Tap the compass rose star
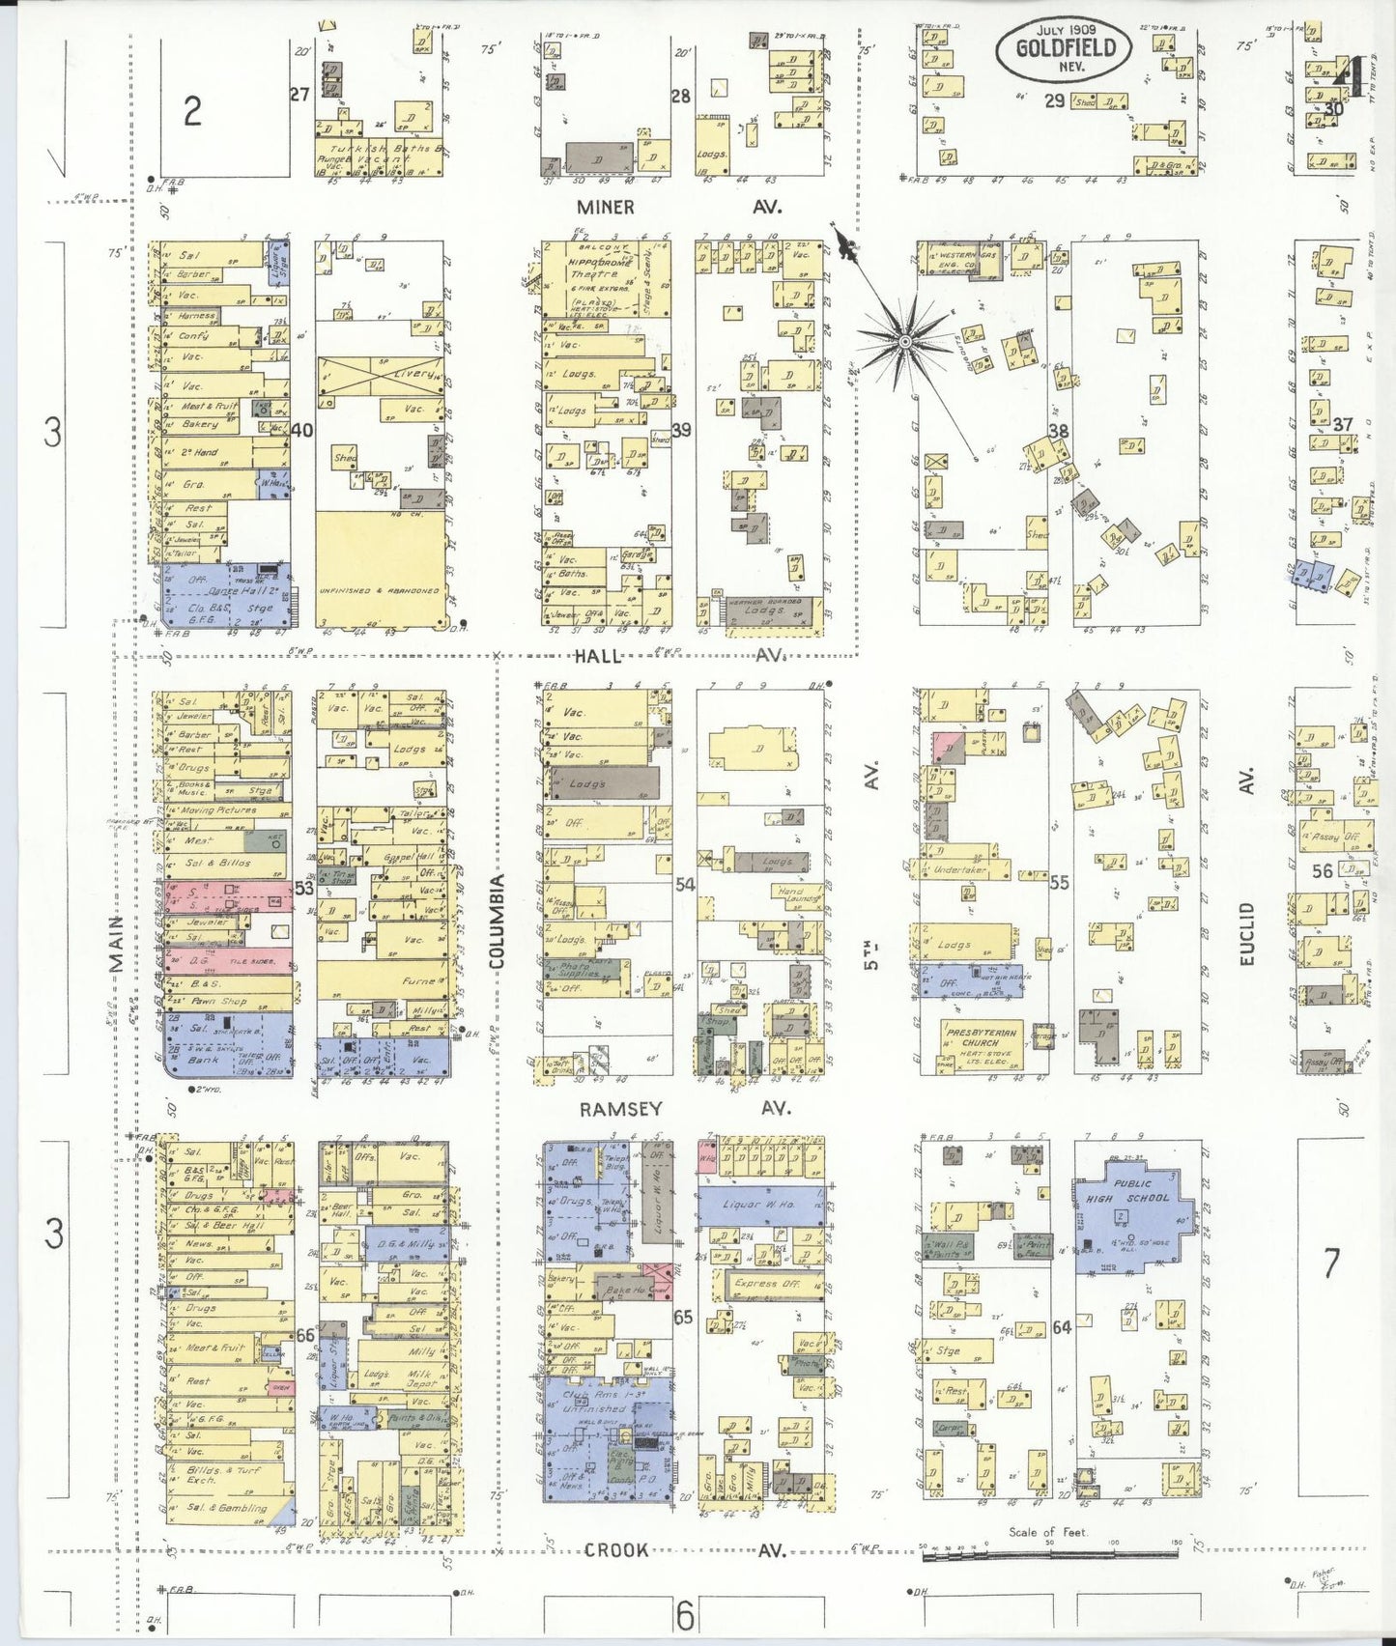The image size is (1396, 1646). click(905, 341)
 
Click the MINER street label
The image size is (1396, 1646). click(606, 207)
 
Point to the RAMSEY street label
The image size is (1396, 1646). click(620, 1109)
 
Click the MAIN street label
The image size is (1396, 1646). click(118, 944)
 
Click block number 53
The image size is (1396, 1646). click(304, 888)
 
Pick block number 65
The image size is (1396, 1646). click(683, 1317)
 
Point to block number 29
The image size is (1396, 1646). click(1054, 99)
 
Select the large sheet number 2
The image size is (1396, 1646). click(192, 113)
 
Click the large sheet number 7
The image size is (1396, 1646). click(1332, 1263)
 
